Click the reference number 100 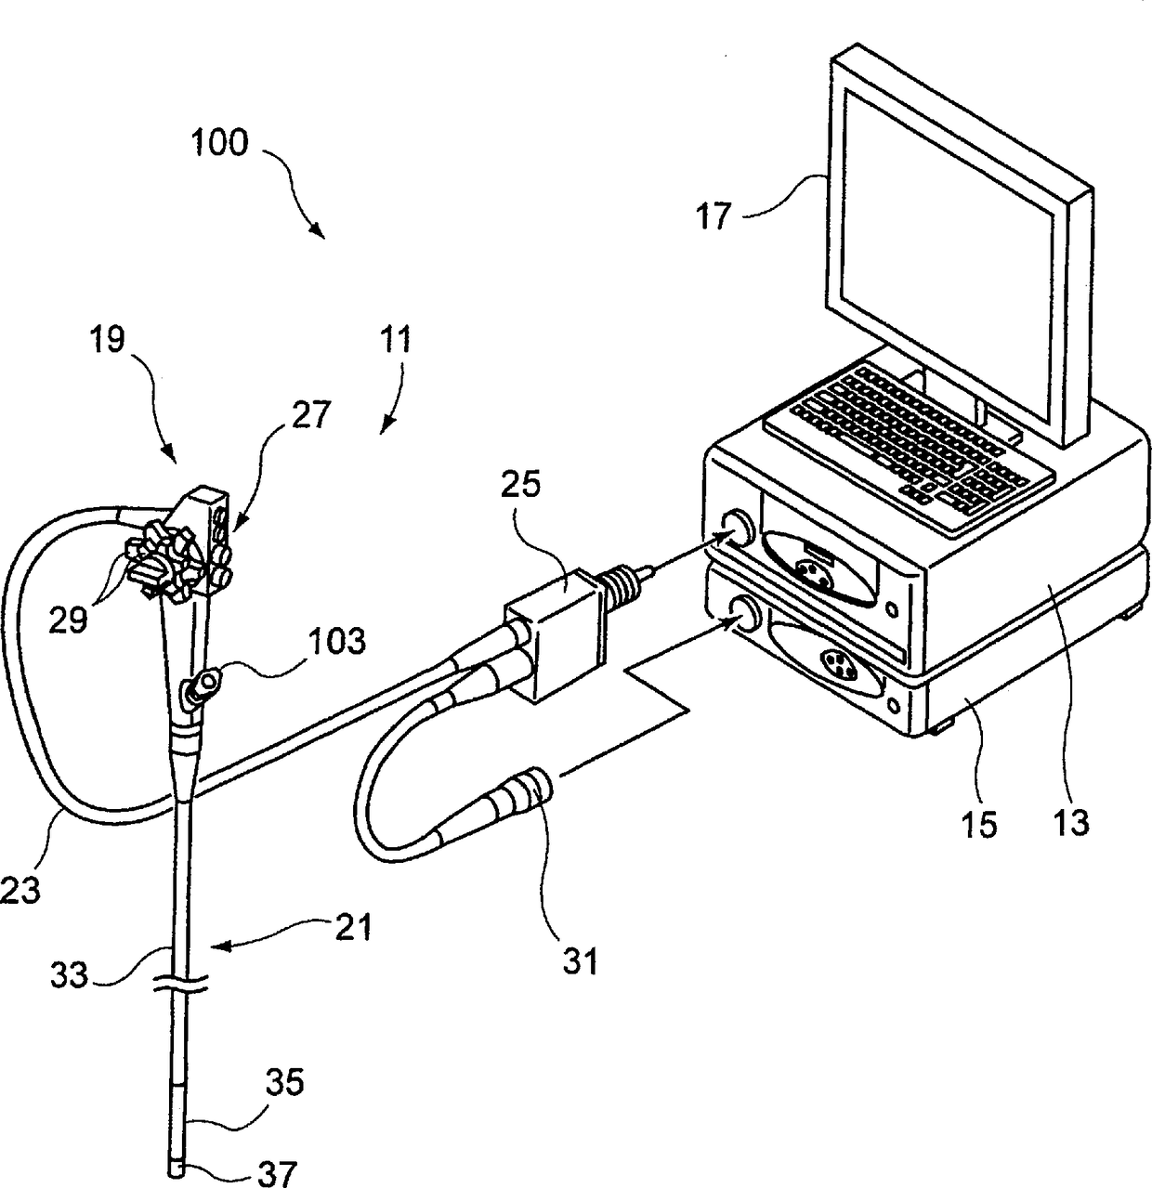[220, 143]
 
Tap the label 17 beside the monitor [713, 217]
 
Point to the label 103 [339, 641]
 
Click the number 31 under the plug [582, 960]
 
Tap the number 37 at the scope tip [277, 1173]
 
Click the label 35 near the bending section [286, 1083]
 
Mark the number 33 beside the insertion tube [68, 974]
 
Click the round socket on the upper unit [738, 529]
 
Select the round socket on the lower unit [741, 611]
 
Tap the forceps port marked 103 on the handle [202, 688]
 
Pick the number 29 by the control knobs [70, 620]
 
